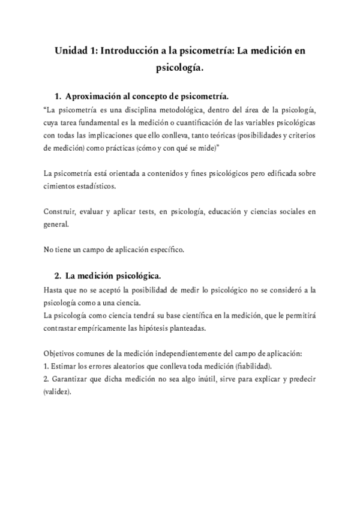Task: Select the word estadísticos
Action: [x=99, y=186]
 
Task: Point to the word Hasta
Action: [x=54, y=290]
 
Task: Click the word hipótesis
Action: [x=170, y=328]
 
